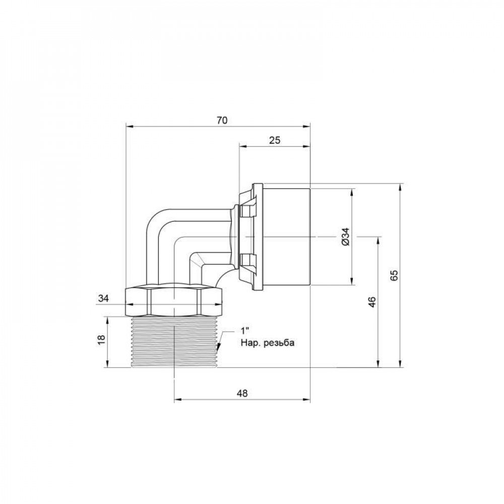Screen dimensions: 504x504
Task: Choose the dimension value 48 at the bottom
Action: (x=241, y=394)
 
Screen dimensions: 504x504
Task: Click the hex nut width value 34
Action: (x=103, y=299)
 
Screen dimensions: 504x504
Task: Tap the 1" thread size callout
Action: (x=245, y=331)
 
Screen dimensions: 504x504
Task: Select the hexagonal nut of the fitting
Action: (x=174, y=300)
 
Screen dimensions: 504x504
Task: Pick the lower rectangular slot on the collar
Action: (x=248, y=261)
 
